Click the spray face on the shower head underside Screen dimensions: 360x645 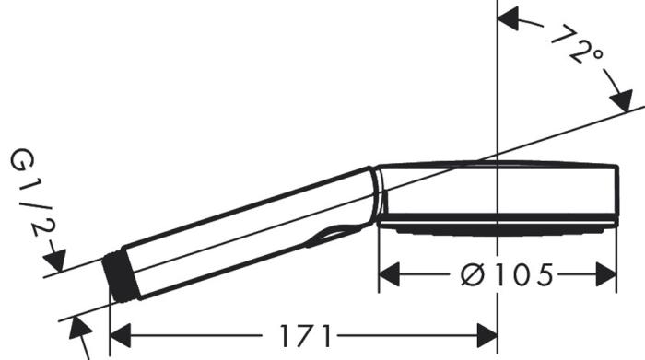(498, 225)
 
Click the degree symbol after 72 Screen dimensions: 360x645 (600, 58)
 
